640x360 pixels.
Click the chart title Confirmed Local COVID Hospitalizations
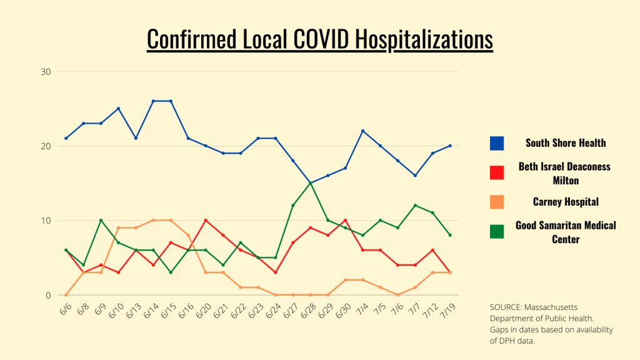click(319, 39)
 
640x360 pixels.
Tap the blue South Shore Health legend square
click(497, 143)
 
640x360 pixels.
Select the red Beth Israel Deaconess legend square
click(497, 172)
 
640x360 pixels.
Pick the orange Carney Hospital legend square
click(497, 202)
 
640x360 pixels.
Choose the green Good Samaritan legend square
click(497, 231)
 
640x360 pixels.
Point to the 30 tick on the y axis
click(45, 71)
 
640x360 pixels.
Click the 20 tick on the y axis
click(45, 146)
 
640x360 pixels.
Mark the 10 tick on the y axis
click(45, 221)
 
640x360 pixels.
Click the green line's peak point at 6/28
click(311, 183)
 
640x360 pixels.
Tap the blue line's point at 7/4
click(363, 131)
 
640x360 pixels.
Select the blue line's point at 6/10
click(118, 109)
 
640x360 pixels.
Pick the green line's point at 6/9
click(101, 221)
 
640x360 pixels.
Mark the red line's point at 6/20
click(206, 221)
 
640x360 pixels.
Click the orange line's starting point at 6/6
click(66, 295)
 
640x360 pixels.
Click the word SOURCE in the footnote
click(506, 308)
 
